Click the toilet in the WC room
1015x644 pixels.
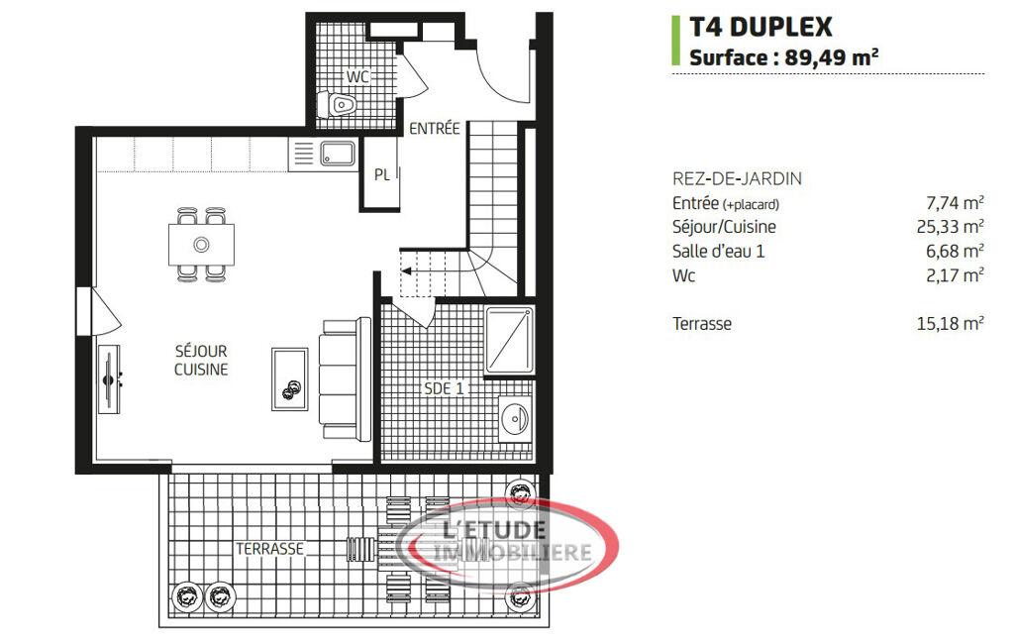tap(337, 104)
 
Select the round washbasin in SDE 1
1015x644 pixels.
tap(515, 419)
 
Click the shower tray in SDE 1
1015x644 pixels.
tap(509, 342)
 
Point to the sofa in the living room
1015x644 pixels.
tap(345, 379)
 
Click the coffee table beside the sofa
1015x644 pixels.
tap(289, 379)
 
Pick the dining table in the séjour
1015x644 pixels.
tap(201, 245)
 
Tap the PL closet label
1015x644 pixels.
tap(382, 175)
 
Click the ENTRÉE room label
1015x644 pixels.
tap(435, 128)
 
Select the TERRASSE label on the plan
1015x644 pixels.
tap(269, 549)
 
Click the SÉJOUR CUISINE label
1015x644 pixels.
tap(201, 361)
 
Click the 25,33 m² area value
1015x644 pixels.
tap(950, 227)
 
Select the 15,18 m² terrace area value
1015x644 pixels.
tap(950, 323)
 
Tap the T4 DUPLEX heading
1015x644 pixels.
tap(761, 27)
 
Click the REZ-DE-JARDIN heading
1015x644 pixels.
tap(737, 178)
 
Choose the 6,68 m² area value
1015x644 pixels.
tap(955, 251)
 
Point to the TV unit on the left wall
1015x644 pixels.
tap(109, 379)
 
